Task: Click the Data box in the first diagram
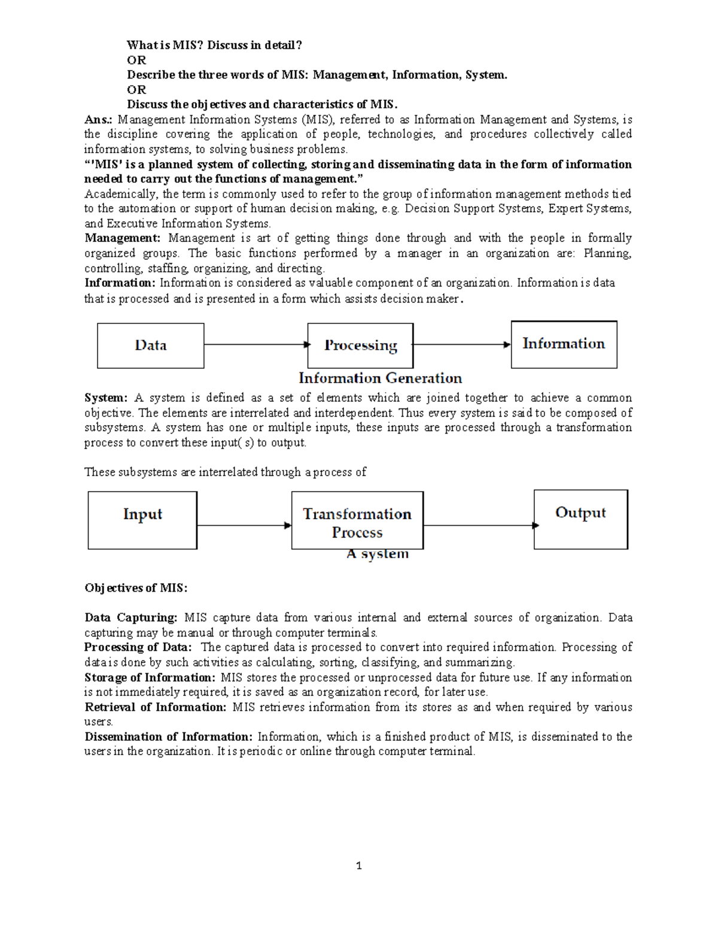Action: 151,346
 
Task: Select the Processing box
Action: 360,346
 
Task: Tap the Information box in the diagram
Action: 564,344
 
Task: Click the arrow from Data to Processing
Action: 256,344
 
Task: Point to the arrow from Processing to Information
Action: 461,344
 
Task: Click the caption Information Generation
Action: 380,378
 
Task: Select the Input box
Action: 142,520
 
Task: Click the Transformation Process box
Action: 357,520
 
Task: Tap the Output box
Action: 580,519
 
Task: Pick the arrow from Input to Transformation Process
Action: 244,526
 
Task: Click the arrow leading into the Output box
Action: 479,526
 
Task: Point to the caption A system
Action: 378,555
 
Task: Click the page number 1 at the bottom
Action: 358,866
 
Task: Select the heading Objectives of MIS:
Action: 136,588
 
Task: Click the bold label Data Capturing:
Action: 131,617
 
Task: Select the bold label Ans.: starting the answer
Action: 98,120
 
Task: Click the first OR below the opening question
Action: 136,60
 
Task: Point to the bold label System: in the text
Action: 106,398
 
